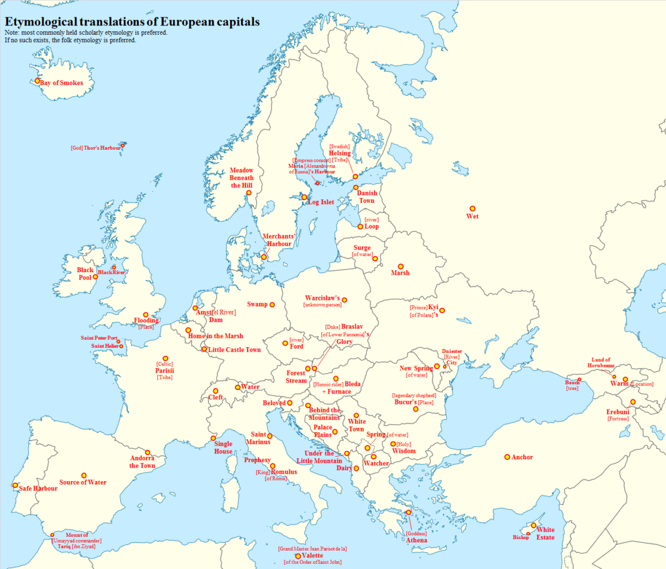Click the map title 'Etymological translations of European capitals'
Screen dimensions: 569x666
coord(132,21)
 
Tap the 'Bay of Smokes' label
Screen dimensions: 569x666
coord(61,83)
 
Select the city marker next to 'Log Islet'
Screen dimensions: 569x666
coord(304,197)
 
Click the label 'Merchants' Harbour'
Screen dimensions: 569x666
coord(279,240)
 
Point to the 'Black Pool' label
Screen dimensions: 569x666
coord(85,274)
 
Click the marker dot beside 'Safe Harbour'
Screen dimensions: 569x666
coord(15,485)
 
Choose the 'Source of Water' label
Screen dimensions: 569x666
coord(83,482)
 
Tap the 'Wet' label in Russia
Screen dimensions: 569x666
coord(472,217)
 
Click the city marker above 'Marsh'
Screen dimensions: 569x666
coord(401,266)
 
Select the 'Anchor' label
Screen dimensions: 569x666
coord(522,458)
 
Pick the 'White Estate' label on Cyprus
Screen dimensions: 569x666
coord(545,534)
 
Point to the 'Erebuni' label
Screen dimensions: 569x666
coord(617,412)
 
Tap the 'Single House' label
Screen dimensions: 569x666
coord(223,448)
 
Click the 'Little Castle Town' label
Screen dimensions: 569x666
coord(234,350)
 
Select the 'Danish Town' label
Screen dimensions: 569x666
coord(367,197)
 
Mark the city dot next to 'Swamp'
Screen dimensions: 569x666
coord(272,304)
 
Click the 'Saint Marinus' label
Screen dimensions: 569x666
coord(260,438)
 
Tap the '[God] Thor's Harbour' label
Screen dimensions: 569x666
coord(95,148)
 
